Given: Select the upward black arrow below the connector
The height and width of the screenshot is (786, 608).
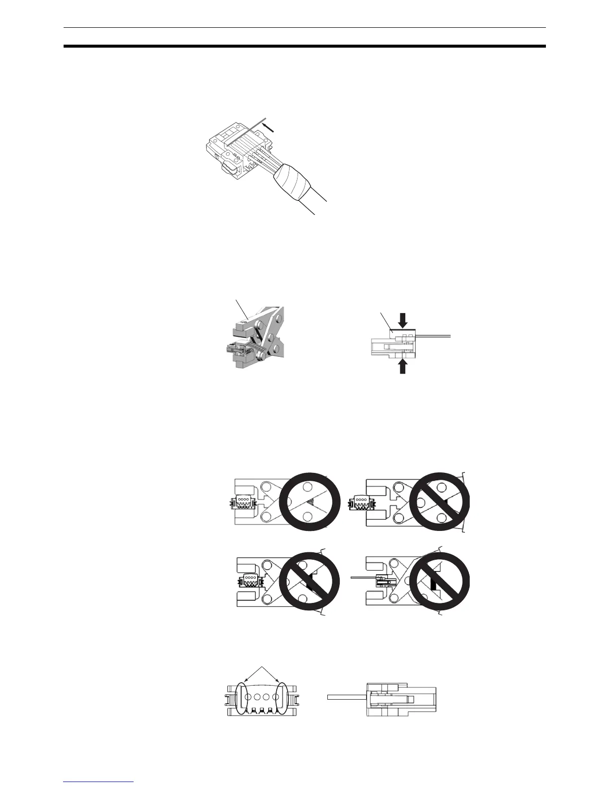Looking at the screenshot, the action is click(403, 366).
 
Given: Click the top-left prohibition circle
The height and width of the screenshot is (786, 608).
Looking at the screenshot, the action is click(310, 502).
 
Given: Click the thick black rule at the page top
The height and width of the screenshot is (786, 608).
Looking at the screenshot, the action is click(304, 47).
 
